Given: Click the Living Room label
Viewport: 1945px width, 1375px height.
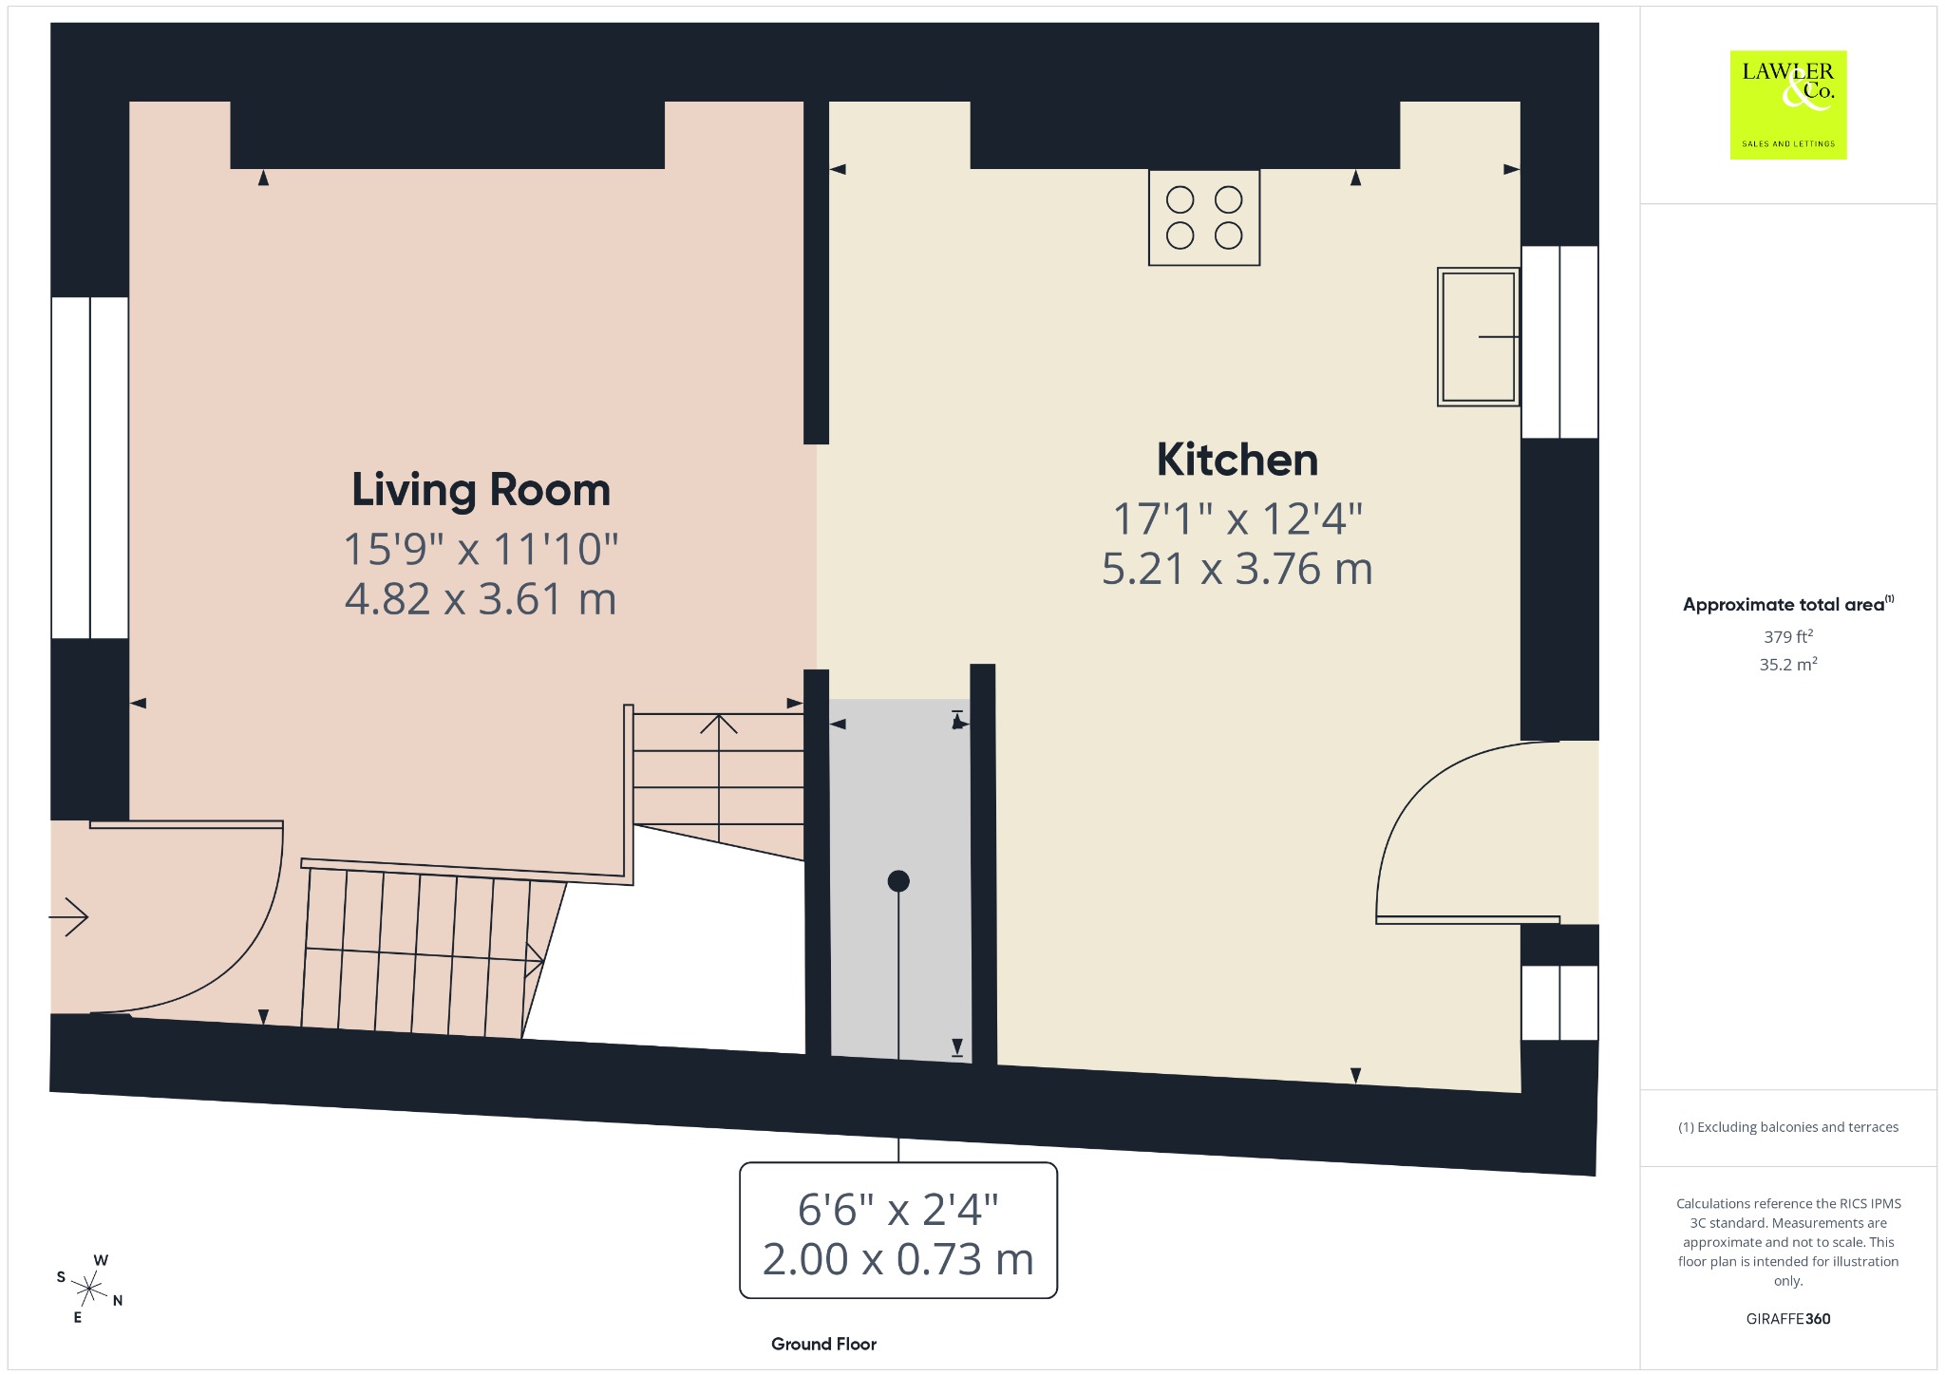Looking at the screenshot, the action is [x=481, y=491].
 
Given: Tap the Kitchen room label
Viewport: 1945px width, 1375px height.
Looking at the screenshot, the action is [x=1237, y=460].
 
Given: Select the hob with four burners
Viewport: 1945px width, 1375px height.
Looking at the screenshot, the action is [x=1204, y=217].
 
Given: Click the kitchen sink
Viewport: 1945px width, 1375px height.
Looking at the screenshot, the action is [x=1478, y=337].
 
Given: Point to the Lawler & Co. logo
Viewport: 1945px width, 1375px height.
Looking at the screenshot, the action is [x=1788, y=104].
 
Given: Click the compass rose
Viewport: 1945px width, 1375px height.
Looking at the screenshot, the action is [x=89, y=1289].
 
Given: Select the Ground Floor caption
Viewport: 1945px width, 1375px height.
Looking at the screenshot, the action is [x=823, y=1344].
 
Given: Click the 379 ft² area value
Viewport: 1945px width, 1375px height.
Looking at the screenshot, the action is [x=1788, y=636].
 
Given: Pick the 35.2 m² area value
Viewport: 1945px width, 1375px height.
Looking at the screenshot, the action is [x=1788, y=664].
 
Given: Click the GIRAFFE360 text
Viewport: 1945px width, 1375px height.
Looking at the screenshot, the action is [x=1788, y=1318].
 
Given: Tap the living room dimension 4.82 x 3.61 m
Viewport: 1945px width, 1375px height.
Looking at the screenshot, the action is [x=481, y=599].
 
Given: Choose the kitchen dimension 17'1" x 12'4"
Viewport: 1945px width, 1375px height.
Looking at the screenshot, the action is [x=1237, y=518].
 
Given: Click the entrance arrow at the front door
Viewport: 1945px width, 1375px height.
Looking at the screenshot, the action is [x=68, y=916].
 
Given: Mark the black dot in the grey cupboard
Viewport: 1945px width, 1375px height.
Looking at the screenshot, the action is [x=898, y=881].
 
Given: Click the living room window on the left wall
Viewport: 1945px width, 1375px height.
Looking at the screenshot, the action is [x=89, y=467].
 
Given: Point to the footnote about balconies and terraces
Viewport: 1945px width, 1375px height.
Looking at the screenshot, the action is [x=1788, y=1127].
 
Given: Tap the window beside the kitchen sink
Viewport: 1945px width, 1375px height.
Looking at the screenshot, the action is [x=1559, y=342].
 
